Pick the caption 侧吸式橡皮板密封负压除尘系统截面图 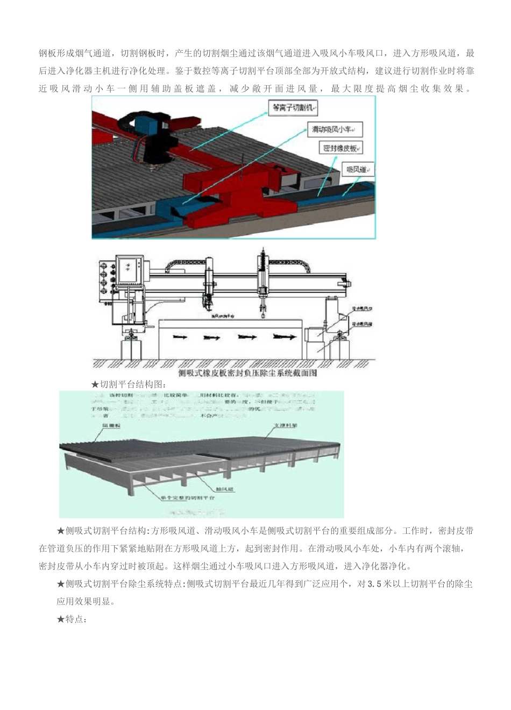(247, 373)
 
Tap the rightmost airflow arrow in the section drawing (283, 337)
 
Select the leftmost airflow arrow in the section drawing (180, 337)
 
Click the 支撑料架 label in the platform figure (286, 426)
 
